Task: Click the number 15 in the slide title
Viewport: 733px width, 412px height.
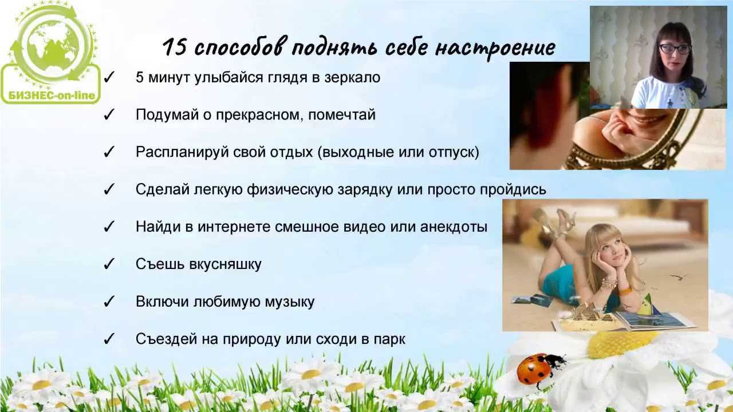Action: click(x=175, y=47)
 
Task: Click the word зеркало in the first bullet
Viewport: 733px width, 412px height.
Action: click(x=352, y=78)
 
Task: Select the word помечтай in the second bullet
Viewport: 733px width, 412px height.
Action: click(x=342, y=115)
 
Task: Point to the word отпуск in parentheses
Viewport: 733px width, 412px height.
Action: click(x=451, y=153)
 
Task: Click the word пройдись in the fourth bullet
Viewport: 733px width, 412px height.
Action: click(x=513, y=189)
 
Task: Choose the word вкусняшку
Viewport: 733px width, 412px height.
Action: click(x=226, y=264)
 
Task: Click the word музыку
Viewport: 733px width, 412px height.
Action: click(x=289, y=302)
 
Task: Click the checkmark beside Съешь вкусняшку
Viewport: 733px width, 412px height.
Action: click(x=109, y=264)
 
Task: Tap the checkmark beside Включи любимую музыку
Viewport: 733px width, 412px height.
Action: click(x=109, y=301)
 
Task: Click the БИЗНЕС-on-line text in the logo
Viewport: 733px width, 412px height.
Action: click(x=52, y=96)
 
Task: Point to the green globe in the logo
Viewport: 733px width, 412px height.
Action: click(x=53, y=46)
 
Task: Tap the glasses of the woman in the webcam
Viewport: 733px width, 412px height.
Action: click(x=675, y=49)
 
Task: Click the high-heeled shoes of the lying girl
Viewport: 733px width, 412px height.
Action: click(x=556, y=222)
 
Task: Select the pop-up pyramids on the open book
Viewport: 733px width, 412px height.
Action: click(x=586, y=312)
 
